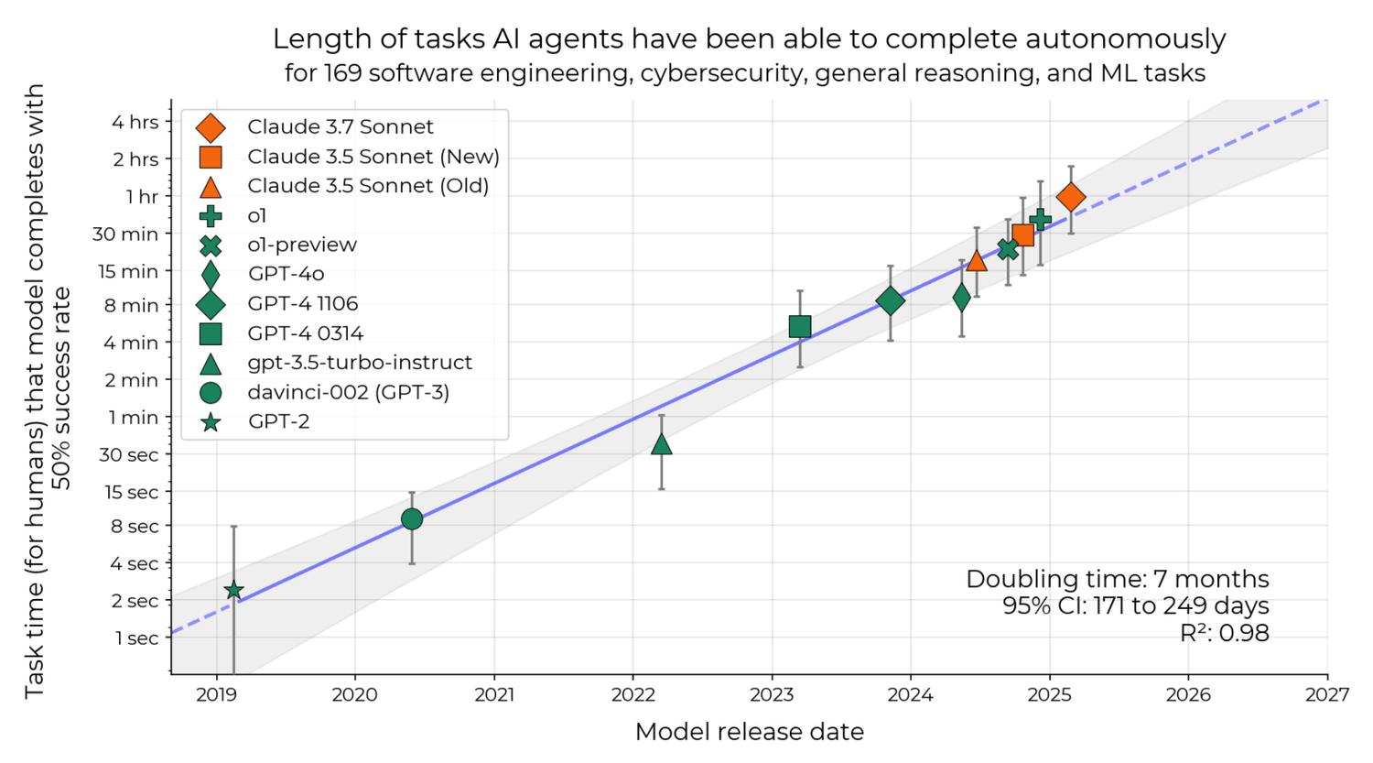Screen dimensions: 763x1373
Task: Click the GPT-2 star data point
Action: click(233, 591)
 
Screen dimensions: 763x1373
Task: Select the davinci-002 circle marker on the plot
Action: click(412, 519)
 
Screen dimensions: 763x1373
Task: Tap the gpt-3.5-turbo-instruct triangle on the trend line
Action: click(661, 445)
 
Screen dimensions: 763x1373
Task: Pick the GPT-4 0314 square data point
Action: click(800, 327)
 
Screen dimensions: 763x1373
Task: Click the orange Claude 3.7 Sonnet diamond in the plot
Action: click(1071, 197)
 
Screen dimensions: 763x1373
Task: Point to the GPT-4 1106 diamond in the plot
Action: click(890, 300)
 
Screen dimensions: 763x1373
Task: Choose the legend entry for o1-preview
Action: click(301, 245)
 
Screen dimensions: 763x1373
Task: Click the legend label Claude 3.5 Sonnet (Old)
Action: click(368, 186)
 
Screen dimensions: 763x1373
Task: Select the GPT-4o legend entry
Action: click(286, 274)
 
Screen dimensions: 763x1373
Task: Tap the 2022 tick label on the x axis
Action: click(632, 695)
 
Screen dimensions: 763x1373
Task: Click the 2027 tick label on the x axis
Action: click(1327, 695)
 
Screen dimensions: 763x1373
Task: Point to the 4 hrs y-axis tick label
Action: click(135, 123)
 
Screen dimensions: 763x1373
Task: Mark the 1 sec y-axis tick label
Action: click(136, 638)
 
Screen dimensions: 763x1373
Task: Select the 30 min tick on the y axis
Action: click(125, 234)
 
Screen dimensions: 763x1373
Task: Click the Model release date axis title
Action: click(749, 732)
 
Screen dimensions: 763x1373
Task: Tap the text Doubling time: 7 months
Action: click(1117, 579)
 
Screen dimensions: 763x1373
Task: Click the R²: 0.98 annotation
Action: click(1224, 633)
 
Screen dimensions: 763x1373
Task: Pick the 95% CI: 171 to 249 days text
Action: click(1135, 605)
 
